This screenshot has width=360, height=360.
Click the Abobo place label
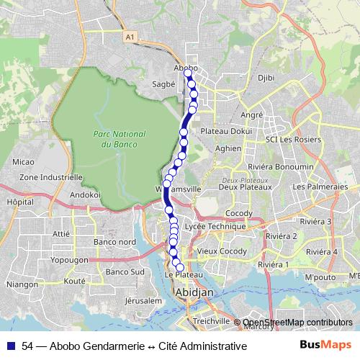click(186, 68)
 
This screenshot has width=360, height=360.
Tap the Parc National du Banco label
click(119, 139)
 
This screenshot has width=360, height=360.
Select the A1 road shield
click(129, 36)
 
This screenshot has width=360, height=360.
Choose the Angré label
click(252, 114)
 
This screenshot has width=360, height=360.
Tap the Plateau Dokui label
click(226, 132)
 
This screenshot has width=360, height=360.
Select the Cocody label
click(239, 214)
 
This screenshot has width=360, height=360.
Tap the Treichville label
click(212, 321)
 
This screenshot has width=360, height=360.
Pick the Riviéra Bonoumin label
click(287, 167)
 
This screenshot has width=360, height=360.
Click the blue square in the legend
click(12, 346)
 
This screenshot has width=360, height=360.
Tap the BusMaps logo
click(325, 345)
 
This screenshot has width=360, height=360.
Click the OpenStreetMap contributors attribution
click(298, 322)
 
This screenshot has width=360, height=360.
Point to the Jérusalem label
click(143, 300)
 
